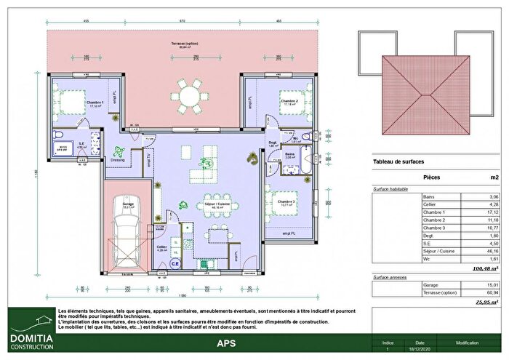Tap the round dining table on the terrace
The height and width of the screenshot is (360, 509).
point(188,94)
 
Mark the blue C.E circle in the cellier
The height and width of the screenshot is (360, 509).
point(175,265)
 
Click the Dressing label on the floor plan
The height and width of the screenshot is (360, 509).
point(118,159)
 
